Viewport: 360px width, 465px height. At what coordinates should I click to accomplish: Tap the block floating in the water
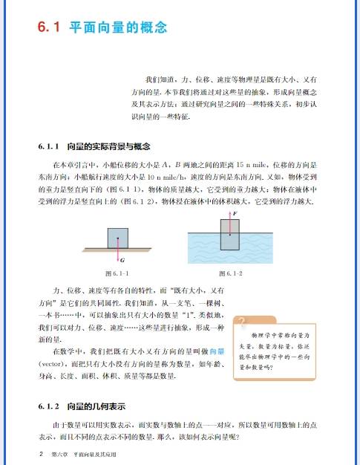[x=229, y=235]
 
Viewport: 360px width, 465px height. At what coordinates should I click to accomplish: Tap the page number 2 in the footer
[x=30, y=452]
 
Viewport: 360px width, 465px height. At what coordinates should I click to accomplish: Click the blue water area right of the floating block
[x=266, y=245]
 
